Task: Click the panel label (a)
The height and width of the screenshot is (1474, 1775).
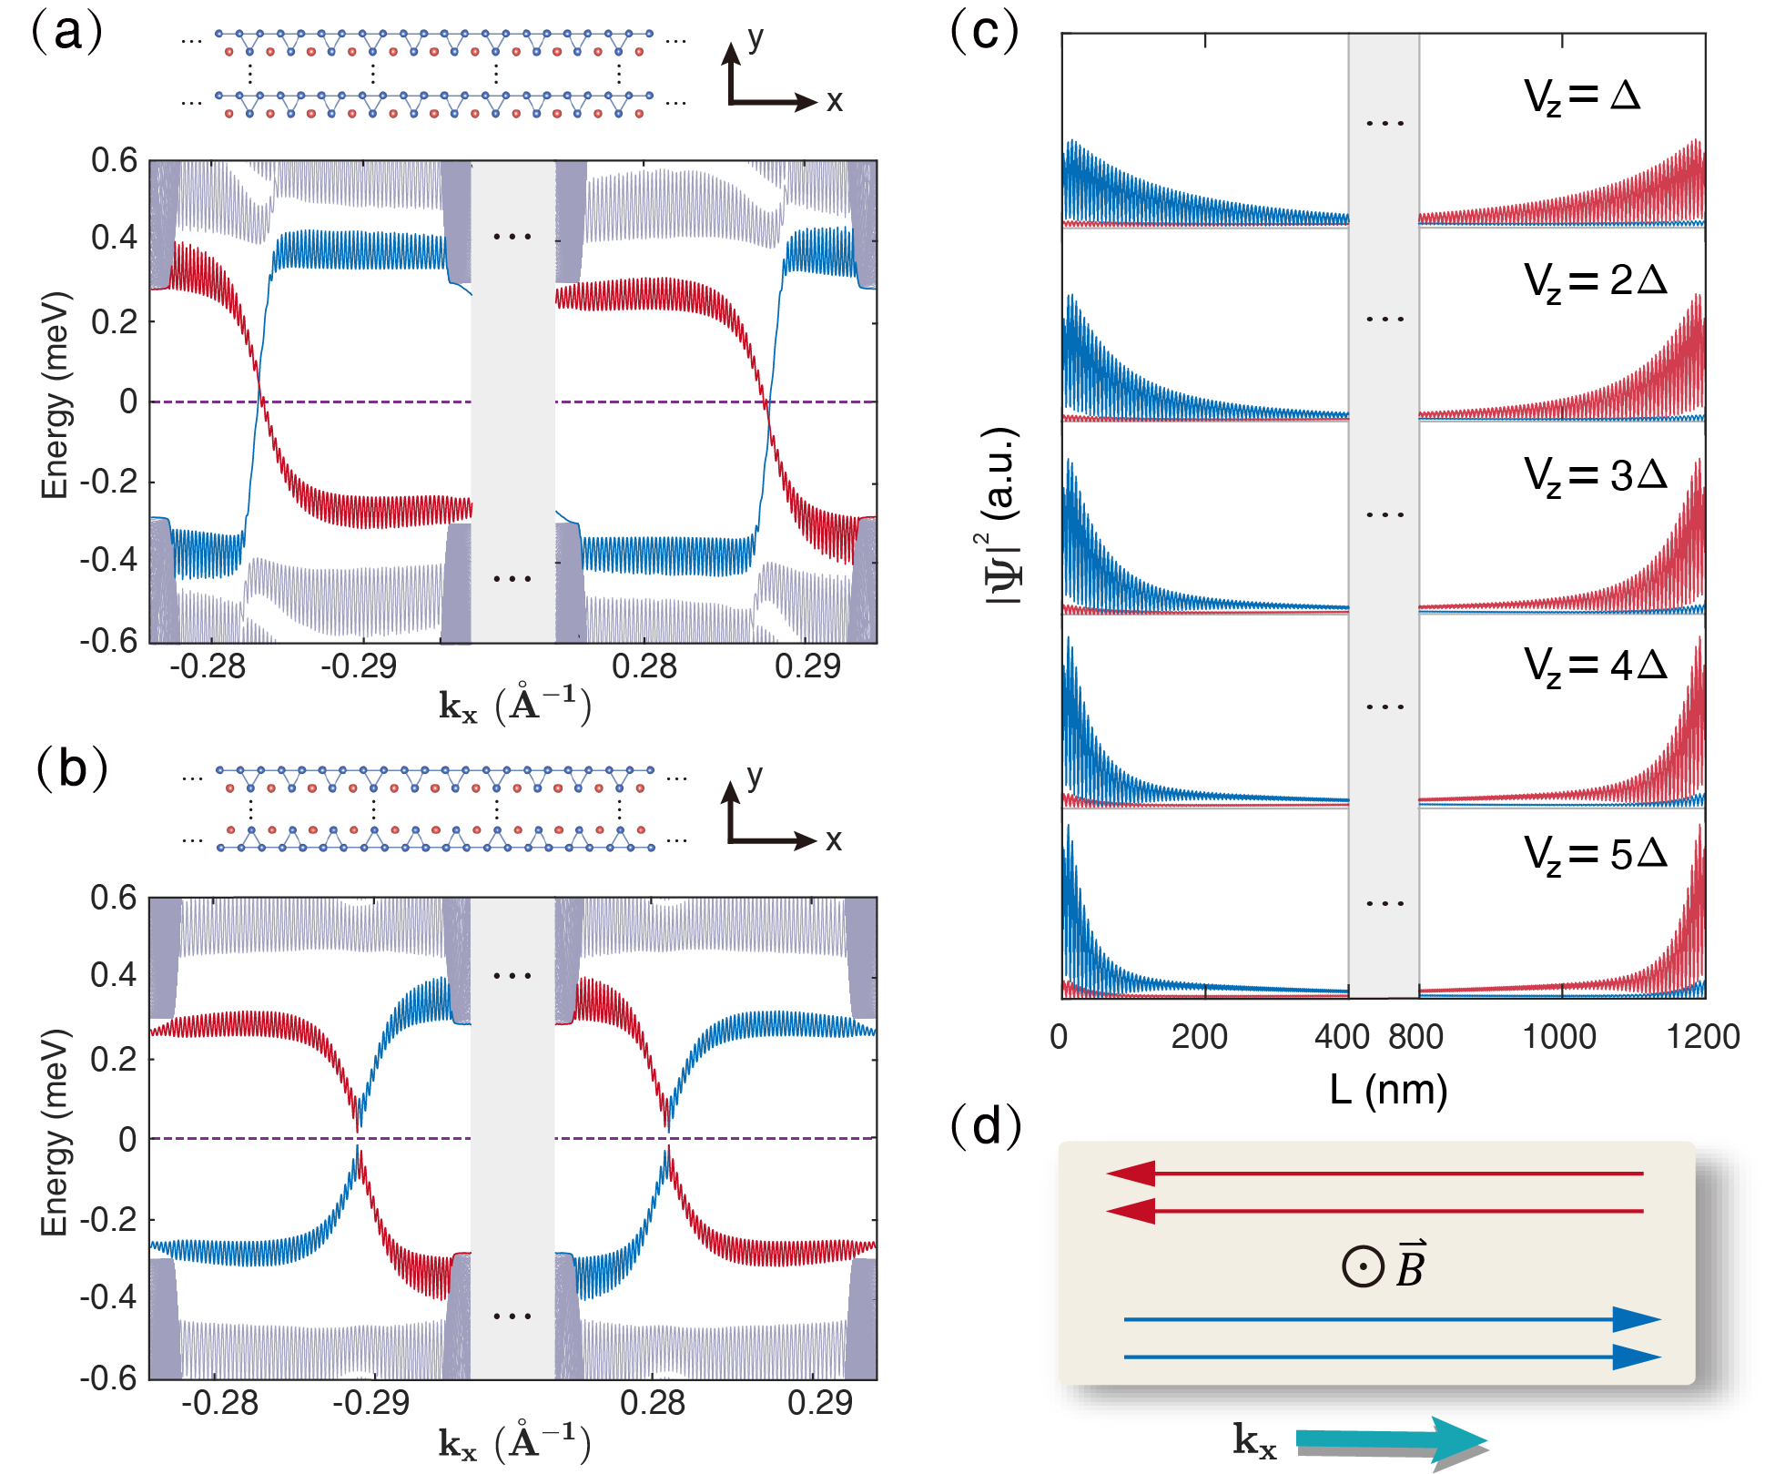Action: coord(67,33)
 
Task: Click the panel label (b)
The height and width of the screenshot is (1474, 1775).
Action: coord(71,769)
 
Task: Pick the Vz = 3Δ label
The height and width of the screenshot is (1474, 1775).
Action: coord(1595,476)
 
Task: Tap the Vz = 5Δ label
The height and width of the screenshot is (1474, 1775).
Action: coord(1595,855)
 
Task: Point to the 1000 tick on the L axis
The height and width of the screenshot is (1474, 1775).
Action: coord(1559,1037)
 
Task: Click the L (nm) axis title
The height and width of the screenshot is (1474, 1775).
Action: coord(1387,1089)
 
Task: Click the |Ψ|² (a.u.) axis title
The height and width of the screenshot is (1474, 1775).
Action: coord(1002,515)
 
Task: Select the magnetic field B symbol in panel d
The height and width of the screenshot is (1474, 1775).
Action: coord(1384,1266)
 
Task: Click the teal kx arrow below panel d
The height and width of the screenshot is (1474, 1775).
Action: coord(1393,1439)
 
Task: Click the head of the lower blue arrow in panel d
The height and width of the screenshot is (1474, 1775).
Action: coord(1636,1357)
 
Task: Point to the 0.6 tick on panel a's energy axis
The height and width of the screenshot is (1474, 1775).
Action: coord(114,161)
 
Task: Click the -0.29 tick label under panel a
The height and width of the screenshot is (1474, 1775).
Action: coord(358,666)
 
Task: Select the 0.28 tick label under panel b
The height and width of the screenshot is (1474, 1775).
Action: coord(652,1403)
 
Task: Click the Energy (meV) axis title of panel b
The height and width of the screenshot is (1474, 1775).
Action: coord(55,1133)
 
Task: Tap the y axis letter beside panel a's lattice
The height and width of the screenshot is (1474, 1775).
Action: coord(755,38)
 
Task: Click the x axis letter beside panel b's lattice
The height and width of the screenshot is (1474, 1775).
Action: coord(833,839)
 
